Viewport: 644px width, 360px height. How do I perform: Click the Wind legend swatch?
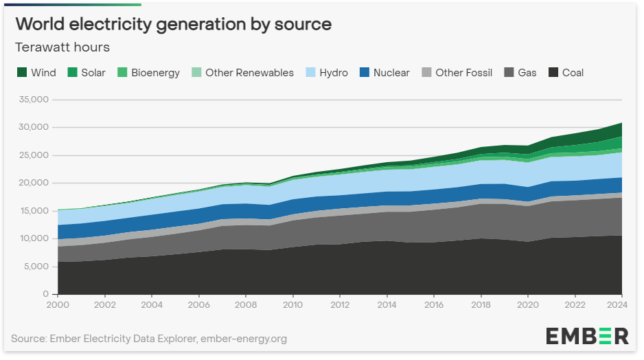click(21, 72)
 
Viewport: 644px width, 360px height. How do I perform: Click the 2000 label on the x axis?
click(58, 304)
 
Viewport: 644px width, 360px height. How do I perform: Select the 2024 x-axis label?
click(621, 304)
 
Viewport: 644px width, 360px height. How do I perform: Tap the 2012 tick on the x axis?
click(340, 304)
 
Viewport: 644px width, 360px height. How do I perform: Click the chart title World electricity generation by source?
click(173, 24)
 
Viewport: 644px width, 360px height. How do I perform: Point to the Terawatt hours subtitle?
click(62, 47)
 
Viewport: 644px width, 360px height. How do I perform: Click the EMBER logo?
click(587, 336)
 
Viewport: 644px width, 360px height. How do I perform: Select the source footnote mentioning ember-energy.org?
click(149, 339)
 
